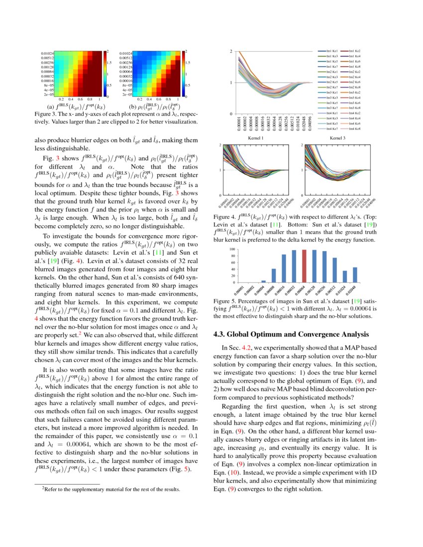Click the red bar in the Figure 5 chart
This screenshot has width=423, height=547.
(x=304, y=266)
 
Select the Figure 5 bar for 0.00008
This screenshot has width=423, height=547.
(x=274, y=275)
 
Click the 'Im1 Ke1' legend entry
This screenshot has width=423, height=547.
(x=332, y=51)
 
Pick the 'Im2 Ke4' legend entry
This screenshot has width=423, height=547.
(x=355, y=77)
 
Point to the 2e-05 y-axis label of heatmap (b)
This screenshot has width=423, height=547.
(x=128, y=94)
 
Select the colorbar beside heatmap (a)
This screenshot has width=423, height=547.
(x=104, y=73)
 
